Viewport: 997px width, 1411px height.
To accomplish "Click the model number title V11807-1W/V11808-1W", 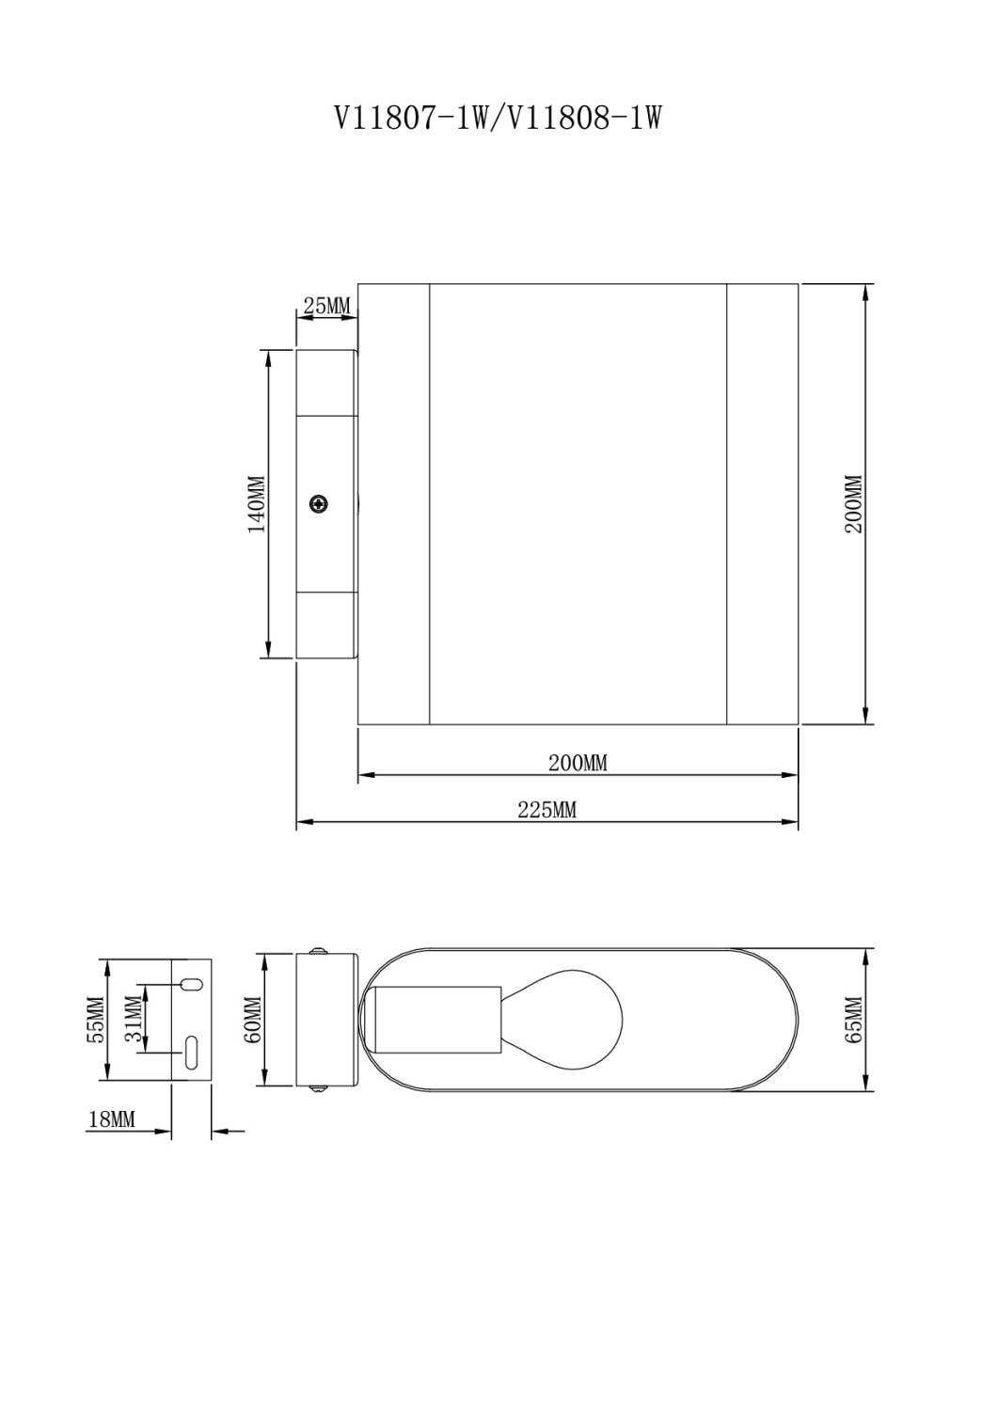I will click(498, 119).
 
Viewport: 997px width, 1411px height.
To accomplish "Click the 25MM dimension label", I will click(325, 306).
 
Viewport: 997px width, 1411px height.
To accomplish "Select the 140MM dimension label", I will click(257, 504).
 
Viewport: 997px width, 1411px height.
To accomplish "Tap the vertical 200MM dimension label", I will click(853, 504).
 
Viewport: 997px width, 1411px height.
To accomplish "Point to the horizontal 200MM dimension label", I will click(578, 763).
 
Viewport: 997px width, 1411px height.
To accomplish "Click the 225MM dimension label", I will click(546, 810).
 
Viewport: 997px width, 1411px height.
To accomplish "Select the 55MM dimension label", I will click(96, 1021).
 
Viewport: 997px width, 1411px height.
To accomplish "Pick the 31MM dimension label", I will click(135, 1021).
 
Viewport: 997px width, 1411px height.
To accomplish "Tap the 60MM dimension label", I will click(253, 1021).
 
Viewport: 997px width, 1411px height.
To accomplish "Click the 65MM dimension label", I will click(854, 1021).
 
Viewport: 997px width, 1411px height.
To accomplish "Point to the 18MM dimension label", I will click(112, 1119).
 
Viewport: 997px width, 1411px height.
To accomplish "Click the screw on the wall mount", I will click(320, 504).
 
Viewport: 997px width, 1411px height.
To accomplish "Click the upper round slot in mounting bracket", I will click(191, 984).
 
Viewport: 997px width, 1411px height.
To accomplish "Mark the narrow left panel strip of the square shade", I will click(393, 504).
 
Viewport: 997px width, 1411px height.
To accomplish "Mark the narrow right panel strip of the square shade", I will click(762, 504).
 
